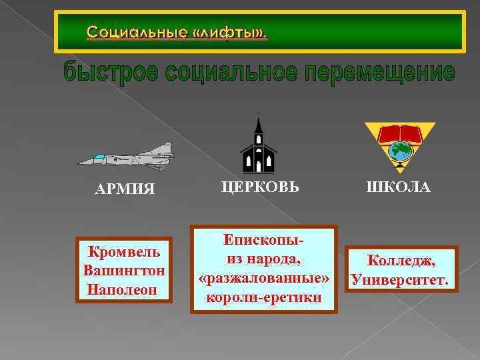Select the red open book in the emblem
point(400,134)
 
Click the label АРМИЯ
point(125,189)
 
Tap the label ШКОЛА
point(397,187)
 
